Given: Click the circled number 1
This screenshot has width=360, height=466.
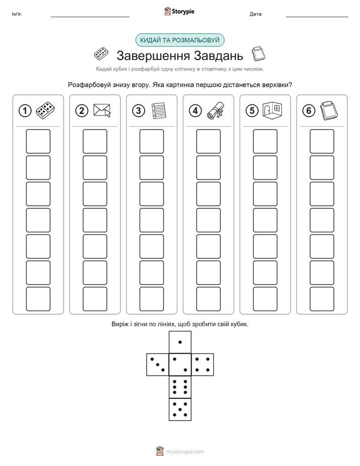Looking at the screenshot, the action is [25, 111].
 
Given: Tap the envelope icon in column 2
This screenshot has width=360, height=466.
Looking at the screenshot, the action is [102, 110].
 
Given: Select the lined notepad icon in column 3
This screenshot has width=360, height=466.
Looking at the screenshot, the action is [158, 110].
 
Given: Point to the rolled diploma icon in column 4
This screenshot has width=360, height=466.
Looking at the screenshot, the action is [216, 110].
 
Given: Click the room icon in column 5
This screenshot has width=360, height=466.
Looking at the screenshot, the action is [272, 110].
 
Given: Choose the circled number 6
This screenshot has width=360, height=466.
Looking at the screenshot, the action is [309, 111].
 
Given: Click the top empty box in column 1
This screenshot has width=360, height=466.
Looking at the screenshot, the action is [38, 141].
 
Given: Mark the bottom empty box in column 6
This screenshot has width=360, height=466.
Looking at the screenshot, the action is [322, 299].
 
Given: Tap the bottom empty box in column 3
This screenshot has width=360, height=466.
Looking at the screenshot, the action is [152, 299].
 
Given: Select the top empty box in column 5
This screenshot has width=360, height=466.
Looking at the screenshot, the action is [265, 141].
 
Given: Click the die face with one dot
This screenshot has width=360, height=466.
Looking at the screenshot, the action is [180, 342].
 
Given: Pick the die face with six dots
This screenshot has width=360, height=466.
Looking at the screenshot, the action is [180, 387].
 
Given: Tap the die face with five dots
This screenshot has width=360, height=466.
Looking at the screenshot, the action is [180, 410].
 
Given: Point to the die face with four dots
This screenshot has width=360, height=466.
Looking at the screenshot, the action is [203, 365].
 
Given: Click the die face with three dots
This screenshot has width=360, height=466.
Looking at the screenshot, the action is [158, 365].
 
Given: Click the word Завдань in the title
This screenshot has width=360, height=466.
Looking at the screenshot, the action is [218, 55].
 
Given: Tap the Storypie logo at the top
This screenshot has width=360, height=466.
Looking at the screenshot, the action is [179, 12].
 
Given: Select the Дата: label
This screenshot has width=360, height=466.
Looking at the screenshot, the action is [256, 14].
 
